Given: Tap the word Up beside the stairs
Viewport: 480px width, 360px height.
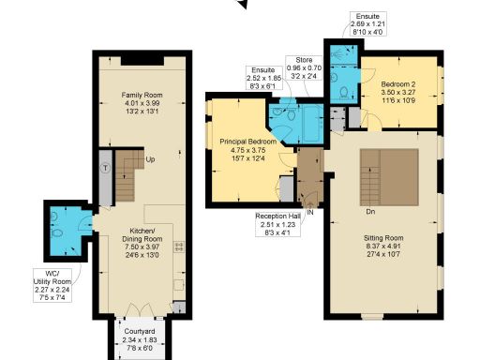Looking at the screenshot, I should point(151,160).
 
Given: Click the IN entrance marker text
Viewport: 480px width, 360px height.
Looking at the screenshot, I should point(309,213).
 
